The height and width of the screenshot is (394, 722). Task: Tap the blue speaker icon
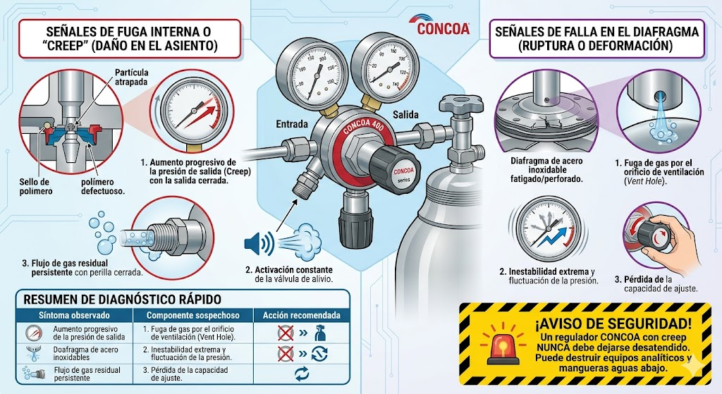tap(259, 243)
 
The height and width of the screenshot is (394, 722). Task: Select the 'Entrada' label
tap(291, 124)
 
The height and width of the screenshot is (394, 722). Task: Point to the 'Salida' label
tap(405, 115)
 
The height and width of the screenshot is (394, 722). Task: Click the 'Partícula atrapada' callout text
tap(131, 77)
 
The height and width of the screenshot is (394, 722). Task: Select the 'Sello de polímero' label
tap(35, 186)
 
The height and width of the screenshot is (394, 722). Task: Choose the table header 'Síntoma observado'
tap(74, 315)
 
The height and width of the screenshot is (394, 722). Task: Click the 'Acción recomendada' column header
tap(302, 315)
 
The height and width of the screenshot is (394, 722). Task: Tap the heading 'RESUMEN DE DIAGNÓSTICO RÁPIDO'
tap(122, 299)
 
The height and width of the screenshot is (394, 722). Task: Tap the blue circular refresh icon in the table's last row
tap(302, 374)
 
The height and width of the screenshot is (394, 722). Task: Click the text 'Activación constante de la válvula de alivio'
tap(288, 274)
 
